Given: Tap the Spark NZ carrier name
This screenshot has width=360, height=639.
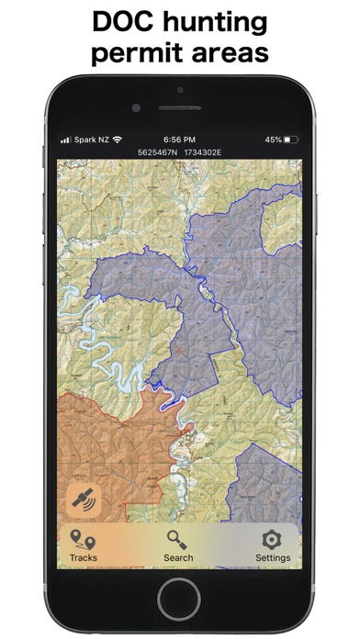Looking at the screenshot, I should (x=93, y=140).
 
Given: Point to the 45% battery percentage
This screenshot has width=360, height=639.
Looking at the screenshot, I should (x=273, y=140).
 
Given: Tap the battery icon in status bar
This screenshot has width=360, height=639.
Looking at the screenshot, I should (x=292, y=140).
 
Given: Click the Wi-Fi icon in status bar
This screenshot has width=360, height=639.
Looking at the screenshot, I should (x=118, y=140).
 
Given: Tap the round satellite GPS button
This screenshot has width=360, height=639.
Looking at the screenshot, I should (x=84, y=500).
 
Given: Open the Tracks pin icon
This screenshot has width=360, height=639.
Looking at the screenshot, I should (x=83, y=540).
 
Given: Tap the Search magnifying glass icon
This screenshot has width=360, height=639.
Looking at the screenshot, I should (x=178, y=540).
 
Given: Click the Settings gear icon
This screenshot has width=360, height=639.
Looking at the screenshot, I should (x=272, y=539).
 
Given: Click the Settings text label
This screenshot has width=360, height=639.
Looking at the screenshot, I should (x=273, y=557).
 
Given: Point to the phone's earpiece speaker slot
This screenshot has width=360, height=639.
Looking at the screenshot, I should (x=179, y=107).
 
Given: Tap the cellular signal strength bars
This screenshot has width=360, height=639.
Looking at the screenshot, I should (x=65, y=140).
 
